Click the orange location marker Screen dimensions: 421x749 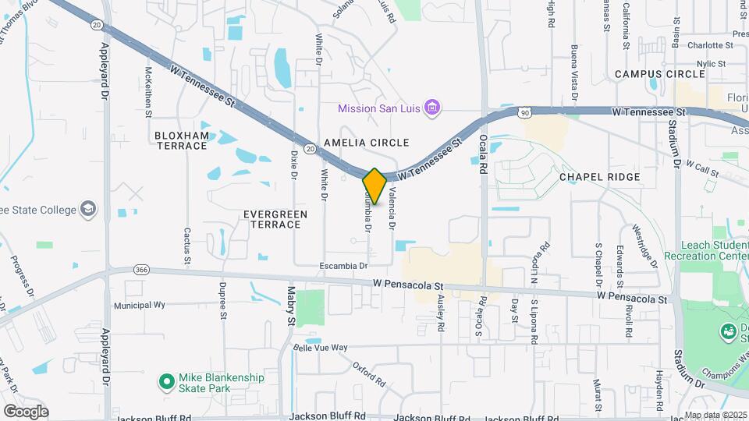(374, 186)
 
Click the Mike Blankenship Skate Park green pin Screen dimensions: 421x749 (166, 382)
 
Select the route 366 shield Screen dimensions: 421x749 (141, 269)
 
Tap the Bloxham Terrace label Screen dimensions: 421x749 (182, 140)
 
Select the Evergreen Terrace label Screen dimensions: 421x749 (272, 219)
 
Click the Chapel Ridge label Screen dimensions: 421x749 (600, 177)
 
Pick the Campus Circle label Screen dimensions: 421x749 (659, 74)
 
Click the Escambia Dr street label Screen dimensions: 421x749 (343, 266)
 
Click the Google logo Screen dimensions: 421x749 (26, 412)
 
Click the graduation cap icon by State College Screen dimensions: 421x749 (90, 209)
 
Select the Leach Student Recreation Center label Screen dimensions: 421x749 (706, 250)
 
